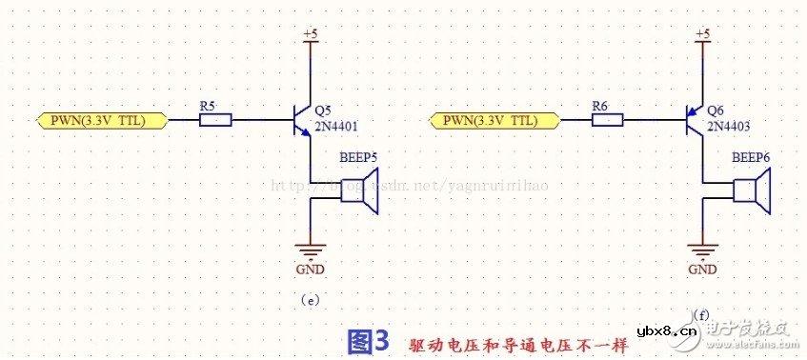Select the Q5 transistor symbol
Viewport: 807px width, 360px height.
tap(304, 121)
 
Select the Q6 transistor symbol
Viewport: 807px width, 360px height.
tap(696, 121)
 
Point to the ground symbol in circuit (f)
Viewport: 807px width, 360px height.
tap(703, 251)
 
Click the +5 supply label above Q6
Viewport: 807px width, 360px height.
tap(703, 35)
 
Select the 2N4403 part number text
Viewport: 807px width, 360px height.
tap(729, 125)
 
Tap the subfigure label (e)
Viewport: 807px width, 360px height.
tap(309, 301)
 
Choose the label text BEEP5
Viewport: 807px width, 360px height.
tap(358, 158)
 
